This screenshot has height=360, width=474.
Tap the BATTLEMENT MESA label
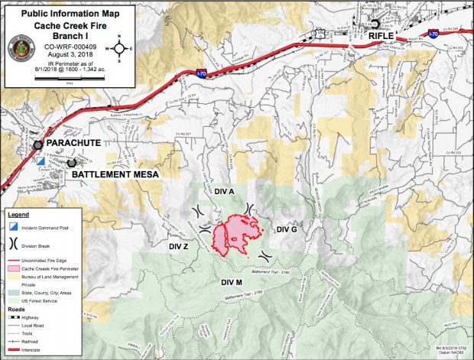(x=115, y=175)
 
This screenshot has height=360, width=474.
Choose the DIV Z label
(x=180, y=247)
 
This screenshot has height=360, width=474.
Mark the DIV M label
(x=232, y=282)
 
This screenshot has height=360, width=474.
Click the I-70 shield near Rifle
(x=433, y=34)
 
